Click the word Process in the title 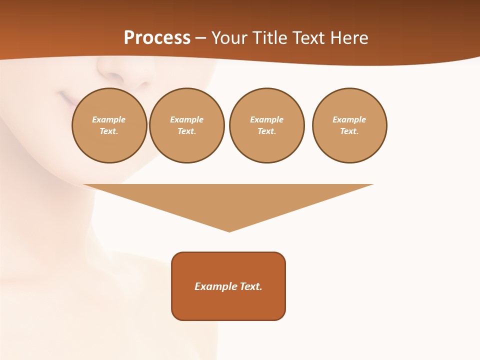[157, 38]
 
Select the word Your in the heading [230, 38]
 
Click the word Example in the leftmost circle [109, 119]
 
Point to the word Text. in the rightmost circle [349, 131]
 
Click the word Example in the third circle [266, 119]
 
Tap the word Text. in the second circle [187, 131]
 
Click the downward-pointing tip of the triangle [229, 230]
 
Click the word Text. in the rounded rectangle [251, 286]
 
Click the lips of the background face [66, 97]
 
